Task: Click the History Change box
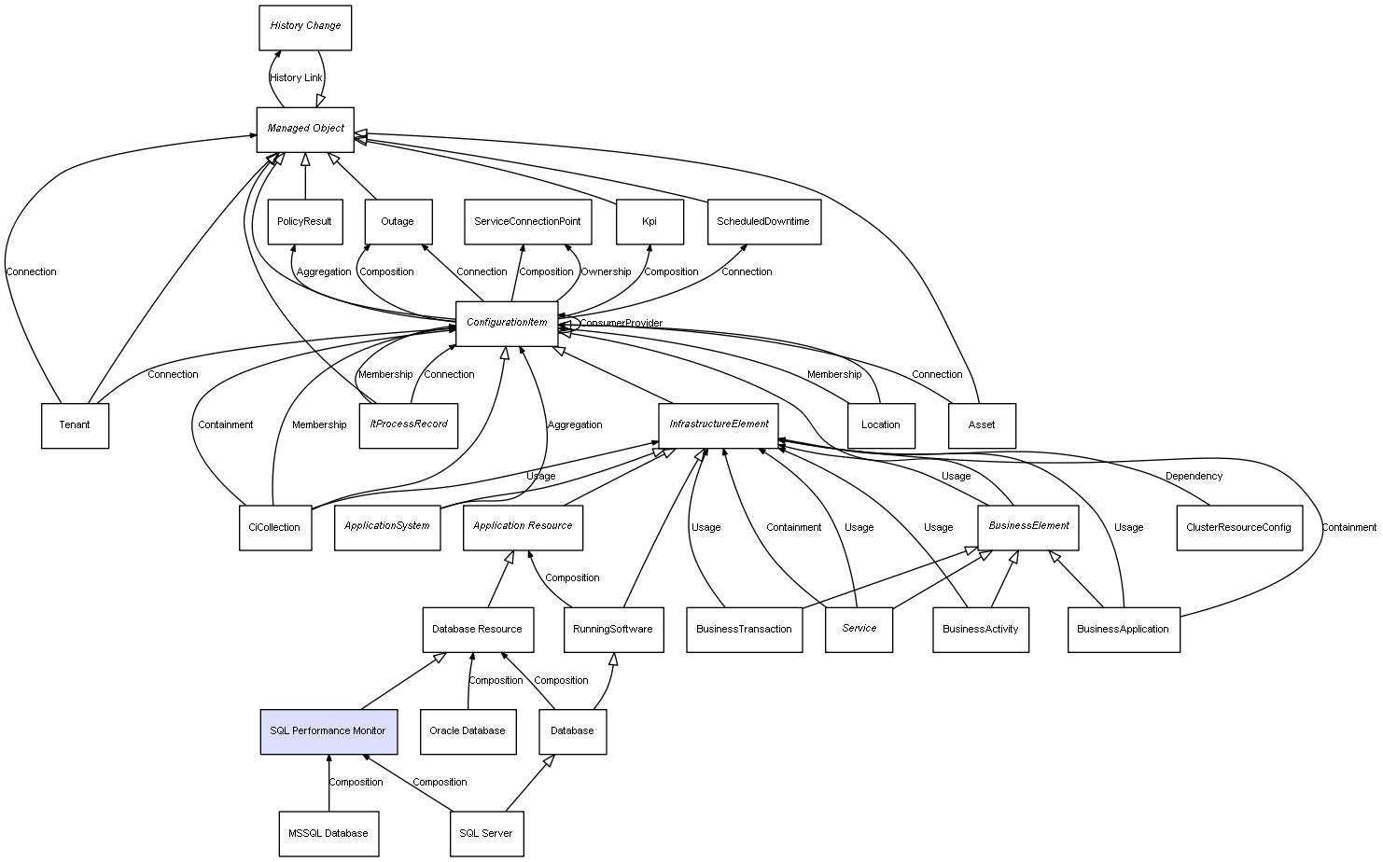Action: [x=305, y=27]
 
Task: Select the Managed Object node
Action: [x=305, y=129]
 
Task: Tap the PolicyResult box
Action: [x=304, y=222]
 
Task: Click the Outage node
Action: [x=398, y=222]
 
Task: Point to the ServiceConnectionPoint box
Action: [x=527, y=222]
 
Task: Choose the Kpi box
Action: [x=650, y=222]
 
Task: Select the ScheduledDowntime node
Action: [x=763, y=222]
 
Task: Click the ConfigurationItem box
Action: [x=507, y=323]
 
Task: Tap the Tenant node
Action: [x=75, y=425]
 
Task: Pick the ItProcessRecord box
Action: [x=408, y=424]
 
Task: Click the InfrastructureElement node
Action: [x=719, y=424]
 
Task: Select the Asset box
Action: [x=982, y=425]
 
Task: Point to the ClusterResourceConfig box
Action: [x=1238, y=528]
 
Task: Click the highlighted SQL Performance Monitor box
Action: [x=328, y=731]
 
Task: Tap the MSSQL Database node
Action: [x=328, y=834]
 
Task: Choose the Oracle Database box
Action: [x=468, y=731]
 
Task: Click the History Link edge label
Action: [x=296, y=78]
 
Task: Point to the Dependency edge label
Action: [x=1194, y=477]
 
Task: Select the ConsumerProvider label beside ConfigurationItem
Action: [x=621, y=324]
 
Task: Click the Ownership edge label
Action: [x=606, y=272]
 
